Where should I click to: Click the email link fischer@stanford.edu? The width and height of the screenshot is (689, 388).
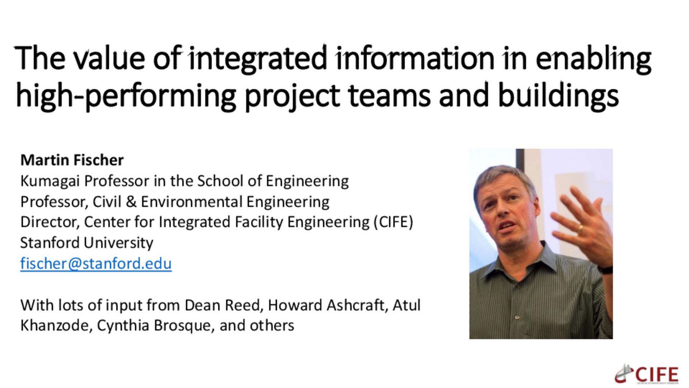click(96, 263)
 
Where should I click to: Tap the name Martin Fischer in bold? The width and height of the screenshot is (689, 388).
click(72, 160)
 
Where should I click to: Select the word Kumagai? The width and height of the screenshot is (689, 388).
click(50, 181)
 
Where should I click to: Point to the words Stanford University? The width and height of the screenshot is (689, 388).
click(86, 243)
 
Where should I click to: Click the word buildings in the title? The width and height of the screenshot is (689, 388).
click(558, 96)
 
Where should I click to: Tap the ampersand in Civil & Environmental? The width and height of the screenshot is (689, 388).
click(131, 202)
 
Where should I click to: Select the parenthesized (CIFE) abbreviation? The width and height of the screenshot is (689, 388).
click(393, 222)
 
